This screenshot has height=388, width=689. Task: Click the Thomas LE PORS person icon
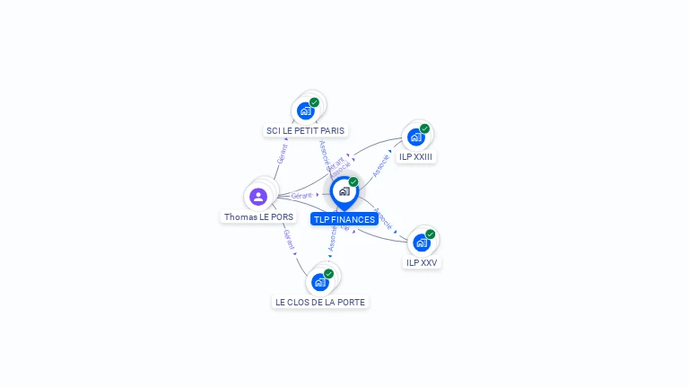click(x=258, y=196)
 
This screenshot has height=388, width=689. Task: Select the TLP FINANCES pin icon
click(x=344, y=191)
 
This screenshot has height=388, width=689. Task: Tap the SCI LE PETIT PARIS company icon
click(x=305, y=111)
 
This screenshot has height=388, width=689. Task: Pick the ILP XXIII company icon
click(x=415, y=137)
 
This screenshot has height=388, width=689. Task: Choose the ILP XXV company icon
click(x=422, y=242)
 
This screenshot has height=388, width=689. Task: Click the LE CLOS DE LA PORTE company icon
click(x=320, y=282)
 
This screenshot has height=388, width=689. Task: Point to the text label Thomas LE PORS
click(x=258, y=216)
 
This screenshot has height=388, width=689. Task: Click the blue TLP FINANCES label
click(x=344, y=219)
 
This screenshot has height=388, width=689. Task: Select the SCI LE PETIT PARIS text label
click(x=305, y=130)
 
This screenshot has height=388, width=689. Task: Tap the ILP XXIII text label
click(x=416, y=156)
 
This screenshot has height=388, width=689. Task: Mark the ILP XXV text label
click(x=422, y=262)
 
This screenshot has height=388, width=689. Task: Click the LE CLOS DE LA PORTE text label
click(x=320, y=302)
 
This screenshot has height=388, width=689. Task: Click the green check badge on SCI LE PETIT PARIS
click(x=314, y=102)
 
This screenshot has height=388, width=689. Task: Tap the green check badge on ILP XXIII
click(x=424, y=128)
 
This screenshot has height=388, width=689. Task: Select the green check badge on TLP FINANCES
click(x=353, y=182)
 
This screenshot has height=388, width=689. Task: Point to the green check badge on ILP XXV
click(x=431, y=234)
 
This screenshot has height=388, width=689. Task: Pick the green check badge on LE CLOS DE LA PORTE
click(x=329, y=274)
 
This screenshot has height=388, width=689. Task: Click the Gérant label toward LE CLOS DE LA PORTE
click(x=289, y=239)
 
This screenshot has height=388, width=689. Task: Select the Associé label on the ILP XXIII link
click(x=381, y=164)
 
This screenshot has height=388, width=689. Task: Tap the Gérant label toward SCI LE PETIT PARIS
click(x=282, y=153)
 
